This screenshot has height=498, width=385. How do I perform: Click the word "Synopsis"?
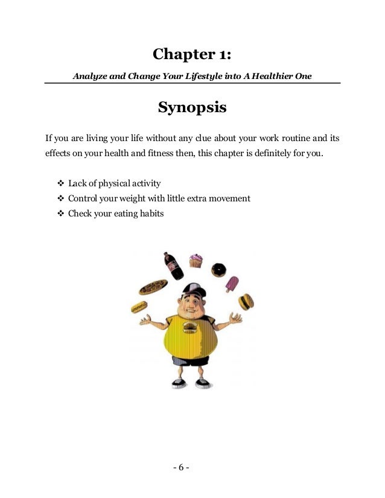[x=192, y=108]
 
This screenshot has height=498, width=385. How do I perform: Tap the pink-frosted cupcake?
[x=196, y=261]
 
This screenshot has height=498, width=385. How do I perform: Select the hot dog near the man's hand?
[x=139, y=307]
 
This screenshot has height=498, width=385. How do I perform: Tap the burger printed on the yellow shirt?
[x=189, y=328]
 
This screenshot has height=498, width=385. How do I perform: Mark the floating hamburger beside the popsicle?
[x=246, y=301]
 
